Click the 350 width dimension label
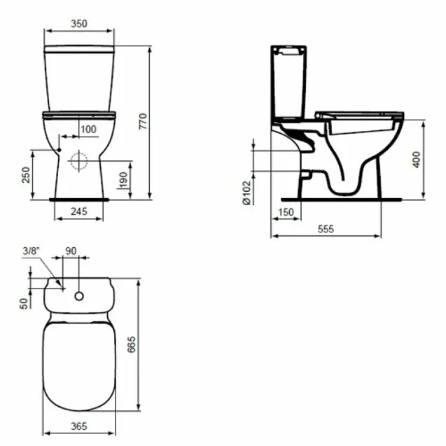[79, 24]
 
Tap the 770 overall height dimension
[143, 121]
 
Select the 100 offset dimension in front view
[88, 130]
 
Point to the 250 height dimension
[26, 175]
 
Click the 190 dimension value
[123, 180]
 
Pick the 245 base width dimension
[79, 211]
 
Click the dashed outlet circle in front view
[79, 161]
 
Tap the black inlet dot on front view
[59, 150]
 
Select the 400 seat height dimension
[416, 160]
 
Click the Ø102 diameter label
[246, 193]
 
